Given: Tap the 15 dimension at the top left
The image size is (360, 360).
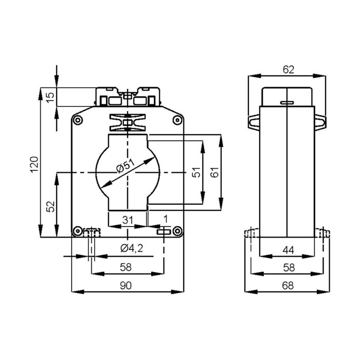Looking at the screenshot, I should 50,97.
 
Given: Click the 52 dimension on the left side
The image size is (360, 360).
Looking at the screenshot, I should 50,206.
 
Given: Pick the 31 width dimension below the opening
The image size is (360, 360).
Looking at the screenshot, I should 127,220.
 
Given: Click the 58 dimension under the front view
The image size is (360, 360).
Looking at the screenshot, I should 127,267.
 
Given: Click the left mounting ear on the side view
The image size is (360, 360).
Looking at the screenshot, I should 254,121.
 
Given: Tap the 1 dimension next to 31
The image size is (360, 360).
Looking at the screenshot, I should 165,220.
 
